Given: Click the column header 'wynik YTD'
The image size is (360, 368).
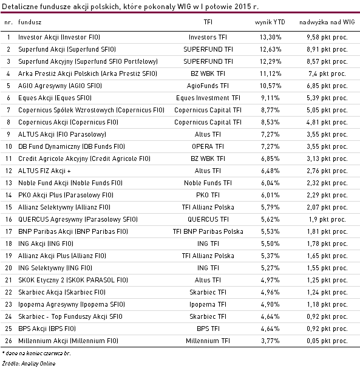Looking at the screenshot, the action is [x=270, y=22].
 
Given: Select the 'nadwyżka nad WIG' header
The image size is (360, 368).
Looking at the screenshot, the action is [x=327, y=22].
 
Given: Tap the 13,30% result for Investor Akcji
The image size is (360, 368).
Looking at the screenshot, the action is [x=270, y=37].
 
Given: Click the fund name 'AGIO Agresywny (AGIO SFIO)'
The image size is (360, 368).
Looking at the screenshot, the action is [x=60, y=86].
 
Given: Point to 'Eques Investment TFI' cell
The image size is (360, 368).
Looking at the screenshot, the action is [x=208, y=98].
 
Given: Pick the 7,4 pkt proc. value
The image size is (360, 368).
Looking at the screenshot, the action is [x=327, y=73].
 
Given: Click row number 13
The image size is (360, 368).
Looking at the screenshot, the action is [x=8, y=183].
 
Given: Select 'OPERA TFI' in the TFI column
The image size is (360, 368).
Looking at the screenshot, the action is [x=208, y=146].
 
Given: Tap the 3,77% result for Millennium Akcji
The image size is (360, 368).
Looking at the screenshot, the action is [x=270, y=341].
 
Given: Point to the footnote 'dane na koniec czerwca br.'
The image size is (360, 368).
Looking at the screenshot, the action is [x=38, y=353].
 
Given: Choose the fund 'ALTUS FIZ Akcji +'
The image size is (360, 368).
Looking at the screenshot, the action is [x=44, y=171].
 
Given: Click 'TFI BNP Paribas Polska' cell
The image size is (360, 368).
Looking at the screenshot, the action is [x=208, y=231].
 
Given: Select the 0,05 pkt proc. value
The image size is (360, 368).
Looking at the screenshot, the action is [x=327, y=341].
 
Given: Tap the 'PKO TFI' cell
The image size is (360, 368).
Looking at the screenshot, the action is [x=208, y=195].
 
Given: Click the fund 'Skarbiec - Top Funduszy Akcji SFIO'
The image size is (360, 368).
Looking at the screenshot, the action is [x=70, y=316].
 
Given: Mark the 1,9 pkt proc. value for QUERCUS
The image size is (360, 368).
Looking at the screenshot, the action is [x=327, y=219].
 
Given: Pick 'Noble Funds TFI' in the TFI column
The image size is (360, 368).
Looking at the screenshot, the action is [x=208, y=183].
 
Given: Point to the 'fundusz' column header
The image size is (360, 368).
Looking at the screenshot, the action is [x=30, y=22].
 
